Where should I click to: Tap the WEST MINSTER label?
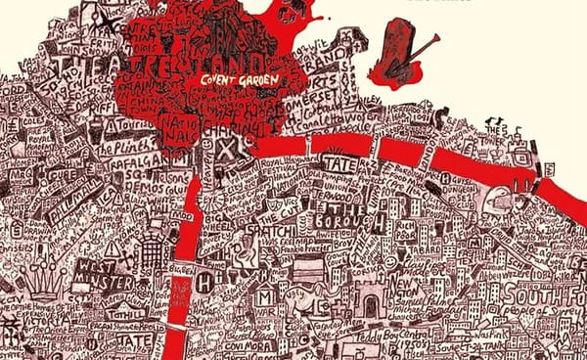pos(105,273)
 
